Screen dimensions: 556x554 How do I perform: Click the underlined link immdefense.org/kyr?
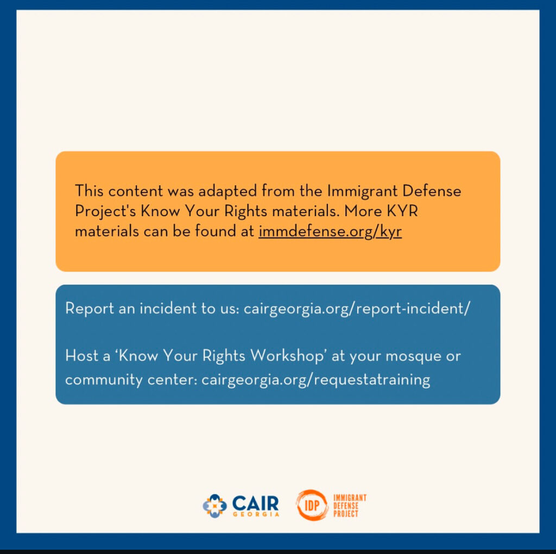330,231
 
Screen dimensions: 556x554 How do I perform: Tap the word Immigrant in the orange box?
362,192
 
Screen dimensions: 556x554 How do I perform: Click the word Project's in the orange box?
105,212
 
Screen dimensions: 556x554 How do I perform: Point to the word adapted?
228,192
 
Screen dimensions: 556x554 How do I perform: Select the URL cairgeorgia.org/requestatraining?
315,380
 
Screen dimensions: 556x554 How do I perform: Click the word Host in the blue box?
81,355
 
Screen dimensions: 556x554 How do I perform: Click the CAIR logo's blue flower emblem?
214,506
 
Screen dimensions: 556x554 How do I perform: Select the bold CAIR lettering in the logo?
255,503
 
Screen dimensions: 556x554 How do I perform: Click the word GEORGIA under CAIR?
256,514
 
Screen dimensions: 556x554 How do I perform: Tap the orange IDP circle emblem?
312,505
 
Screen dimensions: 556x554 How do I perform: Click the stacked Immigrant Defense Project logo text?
350,506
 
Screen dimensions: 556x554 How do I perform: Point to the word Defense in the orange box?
432,191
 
